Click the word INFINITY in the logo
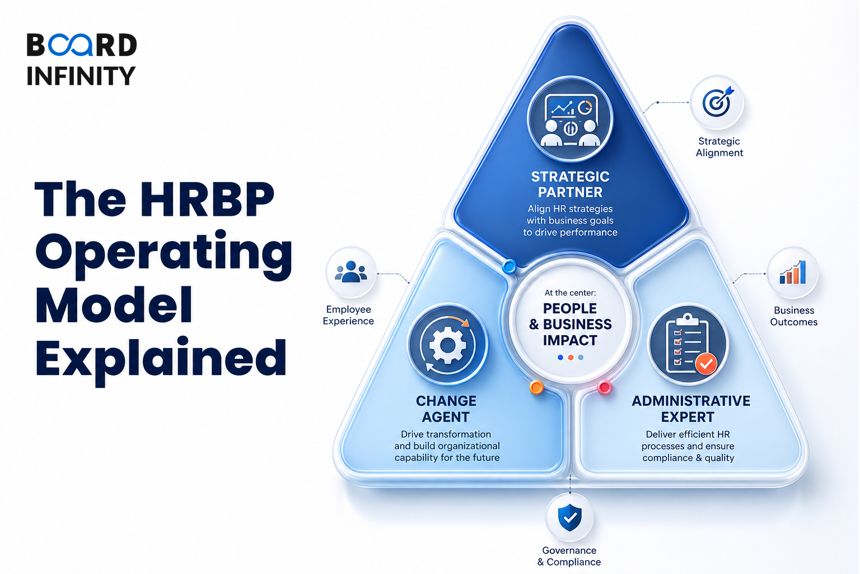(x=81, y=75)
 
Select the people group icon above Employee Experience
(x=351, y=271)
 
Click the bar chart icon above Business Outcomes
(x=792, y=272)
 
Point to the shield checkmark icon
(x=570, y=517)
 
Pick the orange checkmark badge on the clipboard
(x=705, y=363)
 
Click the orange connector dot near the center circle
(x=536, y=387)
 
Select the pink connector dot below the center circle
(x=605, y=387)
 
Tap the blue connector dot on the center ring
(x=510, y=266)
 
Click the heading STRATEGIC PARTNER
(x=570, y=184)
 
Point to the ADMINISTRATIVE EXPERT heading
(x=691, y=409)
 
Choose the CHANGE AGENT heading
(x=446, y=409)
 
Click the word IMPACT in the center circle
(x=570, y=340)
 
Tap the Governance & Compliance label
(x=569, y=556)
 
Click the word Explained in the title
(x=161, y=359)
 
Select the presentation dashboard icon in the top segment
(x=571, y=119)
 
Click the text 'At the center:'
(x=570, y=293)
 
